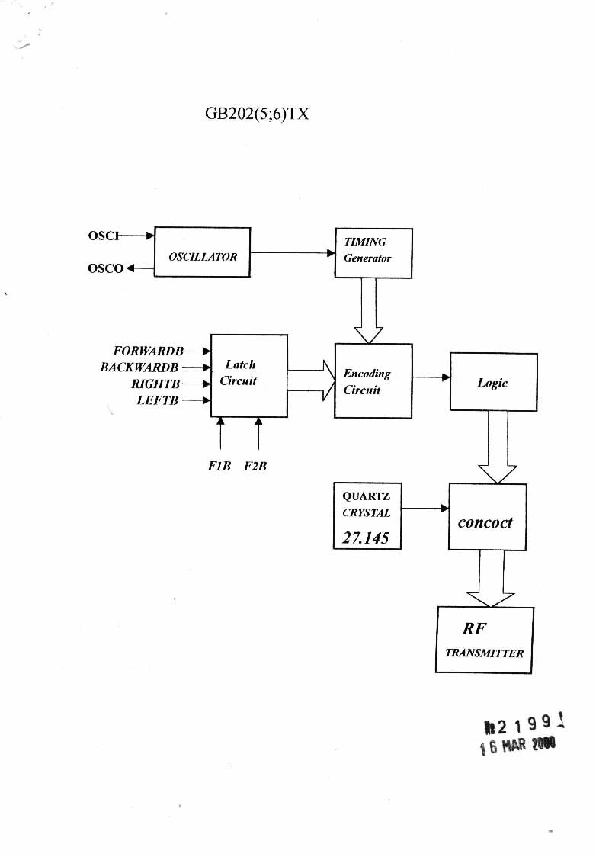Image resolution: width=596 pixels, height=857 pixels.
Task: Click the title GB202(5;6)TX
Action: pos(257,114)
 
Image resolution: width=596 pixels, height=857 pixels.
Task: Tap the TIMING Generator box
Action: pos(373,252)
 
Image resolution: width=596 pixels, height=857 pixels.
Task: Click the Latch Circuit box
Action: pos(248,375)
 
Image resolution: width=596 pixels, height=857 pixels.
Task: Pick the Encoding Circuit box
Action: pos(373,380)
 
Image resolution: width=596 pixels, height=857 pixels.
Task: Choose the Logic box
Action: pos(493,382)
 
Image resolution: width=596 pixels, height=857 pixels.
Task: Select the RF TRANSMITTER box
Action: pos(484,640)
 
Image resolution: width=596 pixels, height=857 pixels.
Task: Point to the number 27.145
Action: pos(366,538)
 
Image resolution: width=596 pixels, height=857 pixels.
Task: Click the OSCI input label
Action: pos(104,236)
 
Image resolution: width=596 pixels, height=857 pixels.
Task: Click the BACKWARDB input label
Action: pos(139,368)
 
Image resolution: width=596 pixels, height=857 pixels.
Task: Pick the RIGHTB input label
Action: pos(155,384)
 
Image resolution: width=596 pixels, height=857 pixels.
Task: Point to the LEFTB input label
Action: pos(158,400)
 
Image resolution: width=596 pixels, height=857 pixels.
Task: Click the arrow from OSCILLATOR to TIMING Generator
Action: pos(293,252)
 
